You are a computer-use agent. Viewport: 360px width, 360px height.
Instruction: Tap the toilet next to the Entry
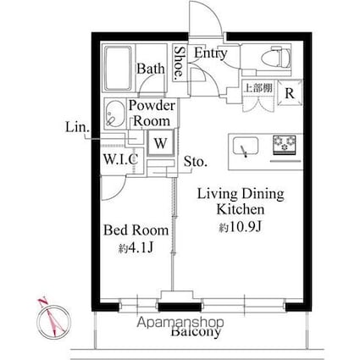269,60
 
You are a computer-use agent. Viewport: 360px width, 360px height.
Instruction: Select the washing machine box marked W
158,143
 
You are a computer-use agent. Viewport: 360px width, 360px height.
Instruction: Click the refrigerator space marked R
289,94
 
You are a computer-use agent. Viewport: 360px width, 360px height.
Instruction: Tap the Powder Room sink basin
114,112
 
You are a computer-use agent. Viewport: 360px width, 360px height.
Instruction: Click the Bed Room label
136,230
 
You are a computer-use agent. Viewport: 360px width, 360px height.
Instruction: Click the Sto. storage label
196,161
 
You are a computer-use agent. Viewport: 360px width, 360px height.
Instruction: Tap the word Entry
210,53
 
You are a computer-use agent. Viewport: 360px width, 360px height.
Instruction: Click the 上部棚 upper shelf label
258,88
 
